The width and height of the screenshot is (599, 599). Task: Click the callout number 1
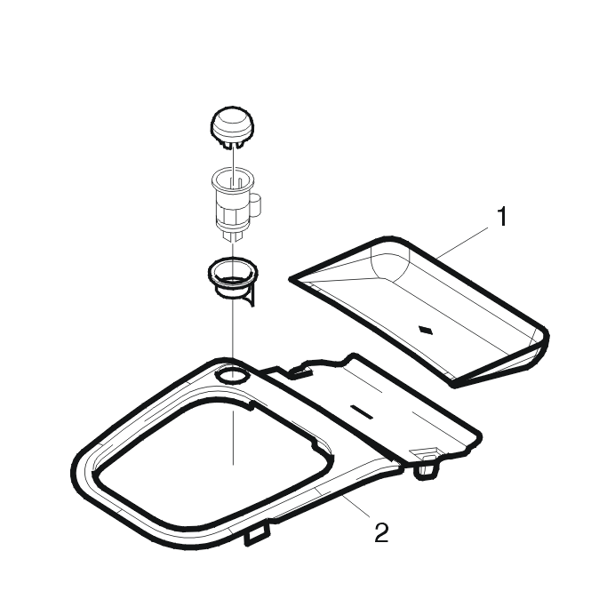(502, 216)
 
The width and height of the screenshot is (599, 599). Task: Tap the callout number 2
(381, 532)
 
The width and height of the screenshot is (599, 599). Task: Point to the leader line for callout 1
(463, 243)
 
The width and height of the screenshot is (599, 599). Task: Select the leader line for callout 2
(356, 506)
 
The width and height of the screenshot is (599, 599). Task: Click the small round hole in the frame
(232, 376)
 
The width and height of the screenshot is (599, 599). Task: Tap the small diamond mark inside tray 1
(427, 330)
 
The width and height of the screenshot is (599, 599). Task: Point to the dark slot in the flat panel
(362, 411)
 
